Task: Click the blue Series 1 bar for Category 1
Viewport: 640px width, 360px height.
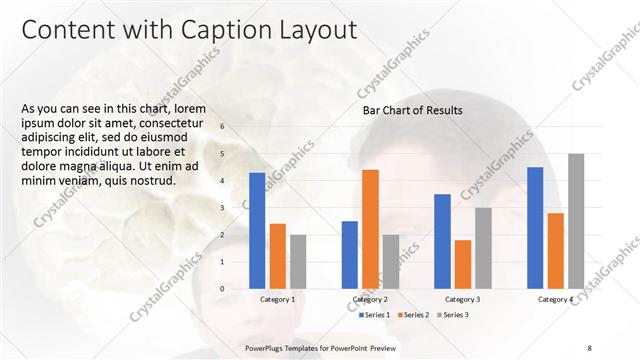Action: pyautogui.click(x=257, y=231)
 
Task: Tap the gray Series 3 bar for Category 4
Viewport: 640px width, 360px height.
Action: pyautogui.click(x=576, y=221)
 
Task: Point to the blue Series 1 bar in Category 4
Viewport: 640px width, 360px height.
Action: pyautogui.click(x=535, y=228)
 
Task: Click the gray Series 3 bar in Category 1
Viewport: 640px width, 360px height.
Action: pyautogui.click(x=299, y=262)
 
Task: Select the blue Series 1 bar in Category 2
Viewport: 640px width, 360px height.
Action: pyautogui.click(x=349, y=255)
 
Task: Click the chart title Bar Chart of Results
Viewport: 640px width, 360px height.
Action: pyautogui.click(x=412, y=111)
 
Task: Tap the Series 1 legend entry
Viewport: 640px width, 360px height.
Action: pyautogui.click(x=377, y=315)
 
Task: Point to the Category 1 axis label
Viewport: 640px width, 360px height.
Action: pyautogui.click(x=277, y=299)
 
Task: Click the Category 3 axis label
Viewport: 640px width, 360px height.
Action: pyautogui.click(x=462, y=299)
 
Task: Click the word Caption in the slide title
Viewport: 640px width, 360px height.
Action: pyautogui.click(x=214, y=31)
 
